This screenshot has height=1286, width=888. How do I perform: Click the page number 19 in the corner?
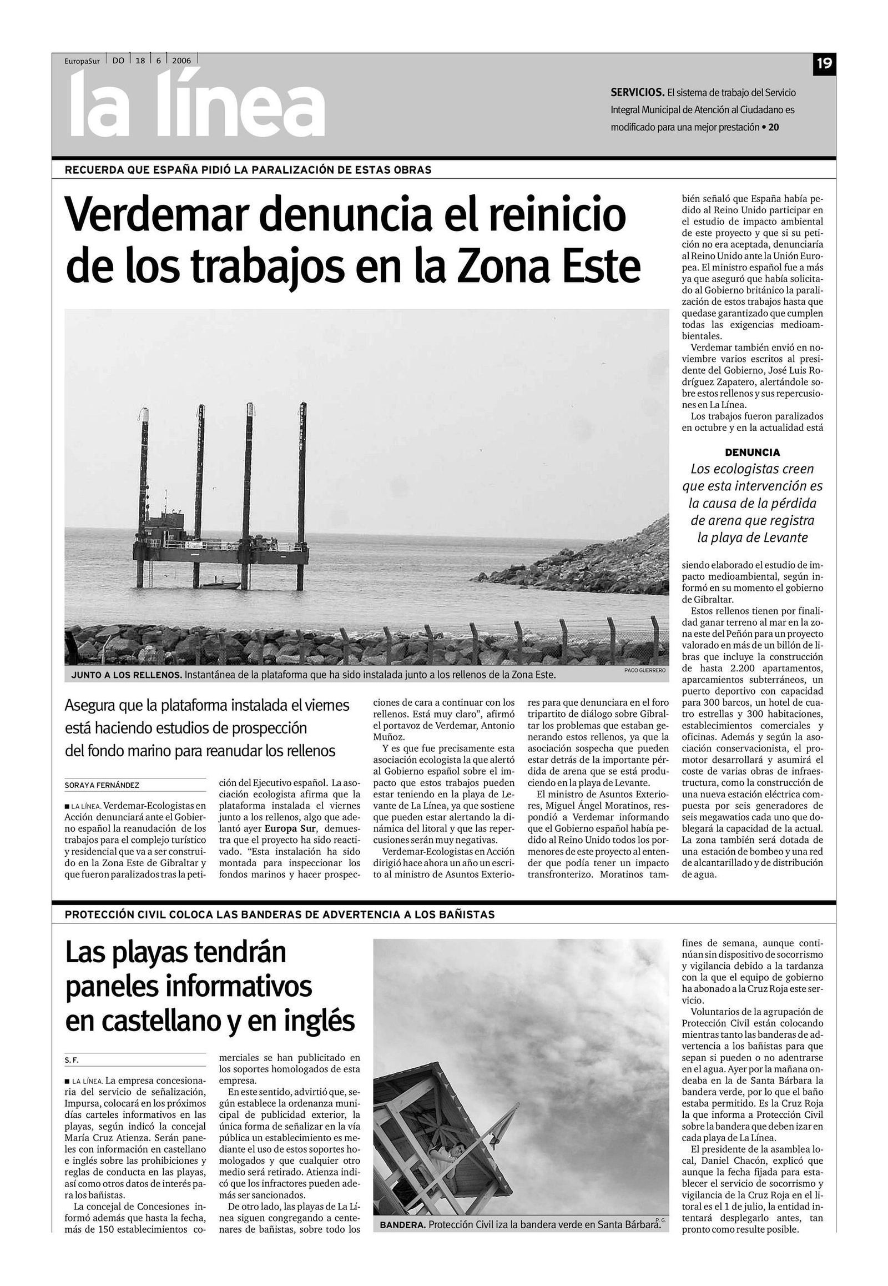coord(824,63)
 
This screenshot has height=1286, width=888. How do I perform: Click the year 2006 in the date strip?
coord(181,61)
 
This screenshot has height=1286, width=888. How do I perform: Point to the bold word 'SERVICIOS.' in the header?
coord(637,92)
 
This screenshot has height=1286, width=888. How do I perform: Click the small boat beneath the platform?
coord(221,585)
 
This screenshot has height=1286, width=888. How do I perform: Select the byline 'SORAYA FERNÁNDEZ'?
coord(102,785)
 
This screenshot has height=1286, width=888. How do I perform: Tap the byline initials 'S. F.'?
coord(72,1060)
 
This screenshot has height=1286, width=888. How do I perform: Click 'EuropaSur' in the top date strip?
coord(82,61)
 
